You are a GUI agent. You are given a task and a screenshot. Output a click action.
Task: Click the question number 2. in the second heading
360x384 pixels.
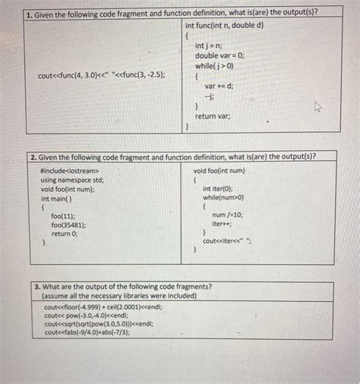click(x=34, y=156)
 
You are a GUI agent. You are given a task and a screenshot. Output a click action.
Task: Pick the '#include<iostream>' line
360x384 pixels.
click(x=69, y=171)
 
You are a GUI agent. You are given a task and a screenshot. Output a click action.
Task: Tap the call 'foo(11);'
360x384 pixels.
click(x=63, y=216)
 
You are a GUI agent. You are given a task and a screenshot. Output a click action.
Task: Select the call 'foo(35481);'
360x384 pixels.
click(x=68, y=225)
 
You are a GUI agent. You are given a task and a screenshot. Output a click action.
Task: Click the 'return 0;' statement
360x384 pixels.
click(x=65, y=234)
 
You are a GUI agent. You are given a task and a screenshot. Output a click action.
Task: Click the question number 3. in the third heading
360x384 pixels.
click(x=38, y=287)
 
